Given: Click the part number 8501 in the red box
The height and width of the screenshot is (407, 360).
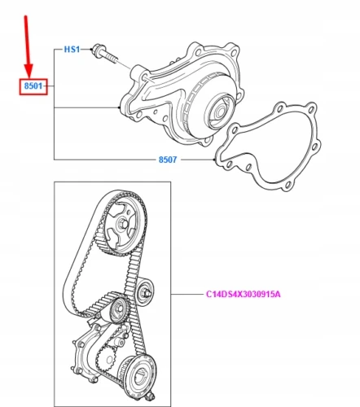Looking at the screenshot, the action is point(33,86).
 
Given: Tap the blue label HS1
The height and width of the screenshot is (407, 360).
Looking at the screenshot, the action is point(72,50).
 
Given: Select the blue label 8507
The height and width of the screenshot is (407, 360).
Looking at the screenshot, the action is point(168,160).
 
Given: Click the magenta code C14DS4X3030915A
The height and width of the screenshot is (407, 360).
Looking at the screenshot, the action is point(244,294).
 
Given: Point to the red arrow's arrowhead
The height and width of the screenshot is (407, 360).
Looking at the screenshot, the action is point(29,71).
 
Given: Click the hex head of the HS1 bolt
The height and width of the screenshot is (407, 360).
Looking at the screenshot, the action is point(96,50).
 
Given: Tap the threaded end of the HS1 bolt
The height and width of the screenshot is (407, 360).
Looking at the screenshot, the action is point(112,58).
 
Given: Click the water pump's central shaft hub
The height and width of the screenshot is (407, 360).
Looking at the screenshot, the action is point(220,112).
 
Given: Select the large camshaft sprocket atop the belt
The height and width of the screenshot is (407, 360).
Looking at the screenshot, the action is point(122,223).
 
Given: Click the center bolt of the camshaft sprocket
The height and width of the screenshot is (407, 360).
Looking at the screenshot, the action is point(122,224).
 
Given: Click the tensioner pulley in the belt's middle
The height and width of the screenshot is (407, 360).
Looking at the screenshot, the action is point(119,310).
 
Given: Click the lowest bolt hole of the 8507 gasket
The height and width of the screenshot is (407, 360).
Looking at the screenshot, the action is point(288,186).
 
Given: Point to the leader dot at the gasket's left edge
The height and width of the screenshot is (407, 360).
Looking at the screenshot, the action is point(215,160).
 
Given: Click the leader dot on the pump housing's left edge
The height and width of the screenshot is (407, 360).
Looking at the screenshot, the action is point(119,107).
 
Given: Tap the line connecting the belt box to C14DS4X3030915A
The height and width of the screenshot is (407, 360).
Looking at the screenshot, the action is point(187,294).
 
